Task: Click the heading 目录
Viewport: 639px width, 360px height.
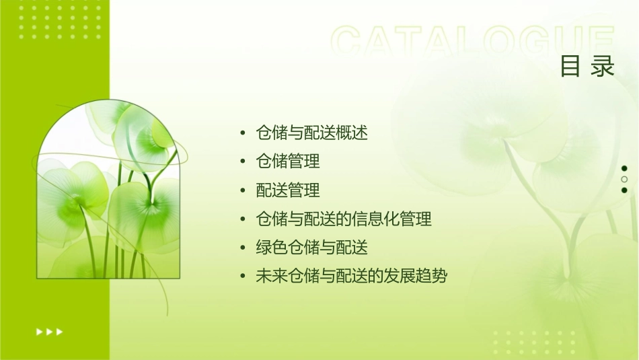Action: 587,66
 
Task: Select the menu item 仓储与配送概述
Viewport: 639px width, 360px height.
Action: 312,133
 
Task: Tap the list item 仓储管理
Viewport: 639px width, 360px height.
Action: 288,161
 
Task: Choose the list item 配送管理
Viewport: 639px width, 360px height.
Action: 288,190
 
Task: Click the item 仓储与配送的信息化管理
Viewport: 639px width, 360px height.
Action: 344,219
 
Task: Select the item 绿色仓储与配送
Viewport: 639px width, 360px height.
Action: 312,248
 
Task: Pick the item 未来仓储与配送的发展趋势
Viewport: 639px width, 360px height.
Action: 352,276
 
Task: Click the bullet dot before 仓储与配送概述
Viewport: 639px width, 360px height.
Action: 243,133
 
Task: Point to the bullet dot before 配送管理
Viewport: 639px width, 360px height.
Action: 243,191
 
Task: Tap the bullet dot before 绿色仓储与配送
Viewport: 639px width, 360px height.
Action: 243,248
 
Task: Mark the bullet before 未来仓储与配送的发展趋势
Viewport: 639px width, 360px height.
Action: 243,277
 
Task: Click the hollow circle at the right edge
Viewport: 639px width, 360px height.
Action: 624,180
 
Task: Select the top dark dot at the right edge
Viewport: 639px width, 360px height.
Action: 624,168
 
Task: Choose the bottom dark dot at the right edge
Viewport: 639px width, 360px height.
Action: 624,190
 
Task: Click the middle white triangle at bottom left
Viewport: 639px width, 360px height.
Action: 50,331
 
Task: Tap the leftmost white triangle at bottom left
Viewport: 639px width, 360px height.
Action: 39,331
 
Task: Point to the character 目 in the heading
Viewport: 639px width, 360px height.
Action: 570,66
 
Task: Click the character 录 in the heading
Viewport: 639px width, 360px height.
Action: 603,66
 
